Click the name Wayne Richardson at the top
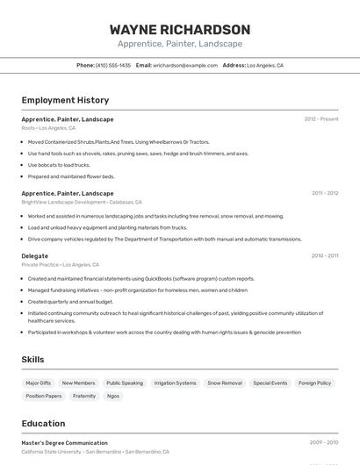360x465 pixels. click(x=179, y=29)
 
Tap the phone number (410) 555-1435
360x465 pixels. click(x=112, y=65)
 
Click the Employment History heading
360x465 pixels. click(x=65, y=100)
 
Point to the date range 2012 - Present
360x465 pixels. click(x=320, y=118)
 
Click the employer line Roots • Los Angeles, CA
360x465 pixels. click(x=48, y=128)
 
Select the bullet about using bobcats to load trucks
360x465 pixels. click(x=59, y=165)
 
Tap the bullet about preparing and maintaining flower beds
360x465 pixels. click(x=71, y=176)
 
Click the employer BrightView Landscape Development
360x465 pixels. click(x=62, y=202)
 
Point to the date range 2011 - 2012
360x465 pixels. click(x=324, y=193)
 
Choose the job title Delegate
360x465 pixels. click(x=35, y=256)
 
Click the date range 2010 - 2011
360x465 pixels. click(x=324, y=256)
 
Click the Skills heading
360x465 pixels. click(x=33, y=360)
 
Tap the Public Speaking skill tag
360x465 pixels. click(x=125, y=383)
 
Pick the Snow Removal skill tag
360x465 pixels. click(x=225, y=383)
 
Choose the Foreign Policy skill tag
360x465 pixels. click(x=314, y=383)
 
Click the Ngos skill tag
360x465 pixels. click(x=113, y=396)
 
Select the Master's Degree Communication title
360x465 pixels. click(x=65, y=443)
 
